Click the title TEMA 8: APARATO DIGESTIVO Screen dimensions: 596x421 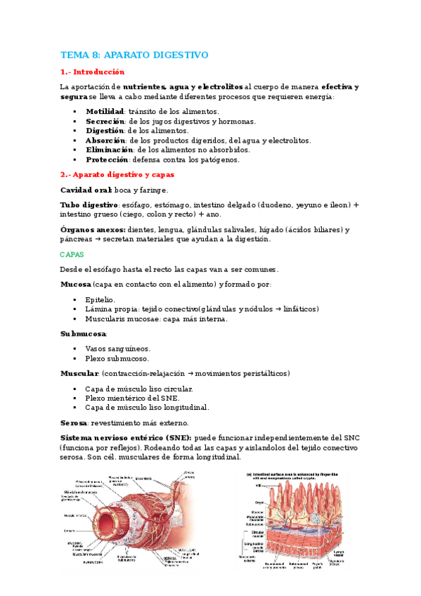(x=134, y=55)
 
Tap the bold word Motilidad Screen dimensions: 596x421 (x=105, y=111)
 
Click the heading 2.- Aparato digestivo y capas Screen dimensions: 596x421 (x=117, y=174)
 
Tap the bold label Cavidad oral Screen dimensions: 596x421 (x=86, y=190)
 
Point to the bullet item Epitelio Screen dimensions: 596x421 (x=100, y=299)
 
